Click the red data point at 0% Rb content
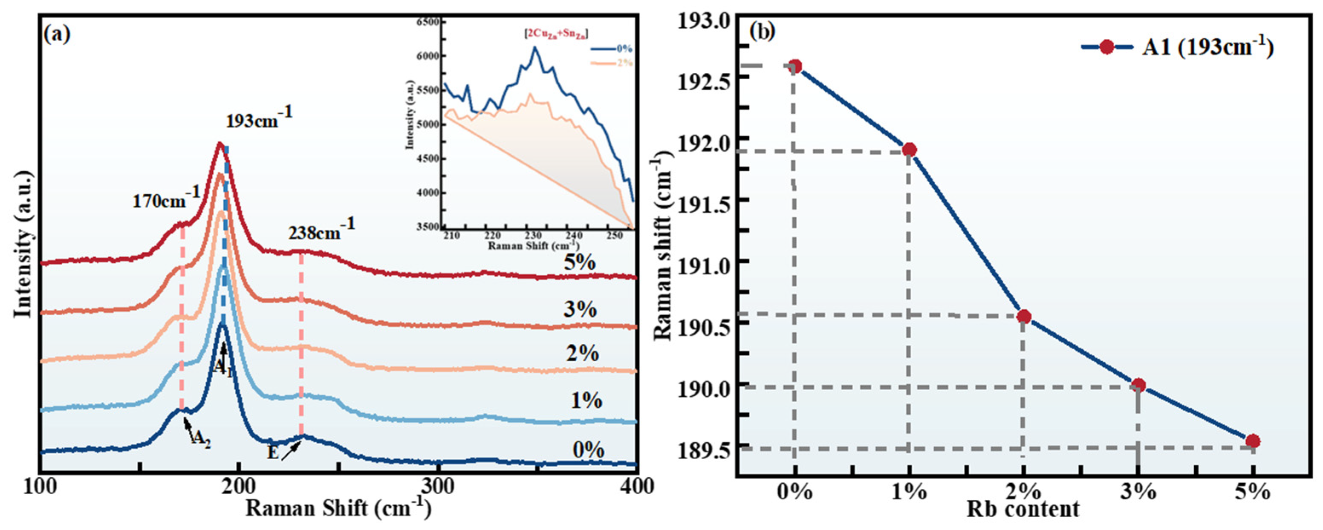pyautogui.click(x=795, y=66)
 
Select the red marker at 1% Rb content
pyautogui.click(x=909, y=150)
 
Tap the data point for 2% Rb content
pyautogui.click(x=1024, y=317)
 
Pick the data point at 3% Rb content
pyautogui.click(x=1138, y=385)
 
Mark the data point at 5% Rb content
pyautogui.click(x=1253, y=441)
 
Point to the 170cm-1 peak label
pyautogui.click(x=166, y=199)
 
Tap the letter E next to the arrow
pyautogui.click(x=272, y=452)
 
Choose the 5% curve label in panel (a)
pyautogui.click(x=579, y=263)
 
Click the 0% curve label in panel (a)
pyautogui.click(x=588, y=450)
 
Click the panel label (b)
pyautogui.click(x=762, y=32)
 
